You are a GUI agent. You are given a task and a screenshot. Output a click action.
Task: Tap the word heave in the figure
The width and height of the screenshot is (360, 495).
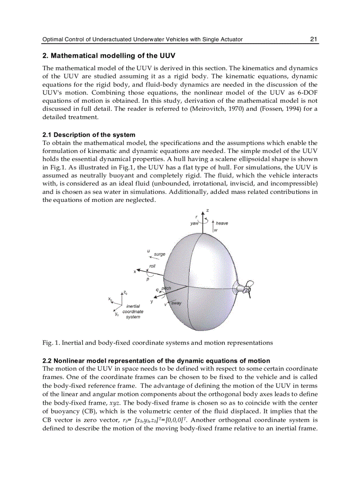(x=222, y=223)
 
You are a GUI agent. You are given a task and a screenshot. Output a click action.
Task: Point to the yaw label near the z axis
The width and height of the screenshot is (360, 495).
(x=194, y=223)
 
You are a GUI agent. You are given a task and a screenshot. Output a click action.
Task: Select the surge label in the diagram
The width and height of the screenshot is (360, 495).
(x=160, y=254)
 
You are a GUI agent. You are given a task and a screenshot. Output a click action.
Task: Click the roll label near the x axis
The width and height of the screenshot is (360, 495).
(x=152, y=266)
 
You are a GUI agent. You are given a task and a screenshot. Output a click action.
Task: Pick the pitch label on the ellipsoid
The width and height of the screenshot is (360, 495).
(x=166, y=288)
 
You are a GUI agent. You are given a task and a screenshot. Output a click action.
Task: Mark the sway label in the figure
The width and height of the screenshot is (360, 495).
(x=176, y=303)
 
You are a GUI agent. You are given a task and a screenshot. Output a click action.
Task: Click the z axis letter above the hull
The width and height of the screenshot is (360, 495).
(x=207, y=210)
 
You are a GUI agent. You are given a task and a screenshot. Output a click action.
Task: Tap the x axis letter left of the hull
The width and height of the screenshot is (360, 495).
(x=135, y=272)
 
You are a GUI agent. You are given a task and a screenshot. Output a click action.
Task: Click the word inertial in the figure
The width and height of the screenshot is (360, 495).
(x=133, y=306)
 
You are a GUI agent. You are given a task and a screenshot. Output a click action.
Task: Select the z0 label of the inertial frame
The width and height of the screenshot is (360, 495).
(x=125, y=293)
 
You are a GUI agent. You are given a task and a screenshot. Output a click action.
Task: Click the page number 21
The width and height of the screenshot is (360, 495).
(x=314, y=39)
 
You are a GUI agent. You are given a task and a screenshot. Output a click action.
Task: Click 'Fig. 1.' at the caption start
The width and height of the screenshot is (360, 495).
(x=51, y=342)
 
